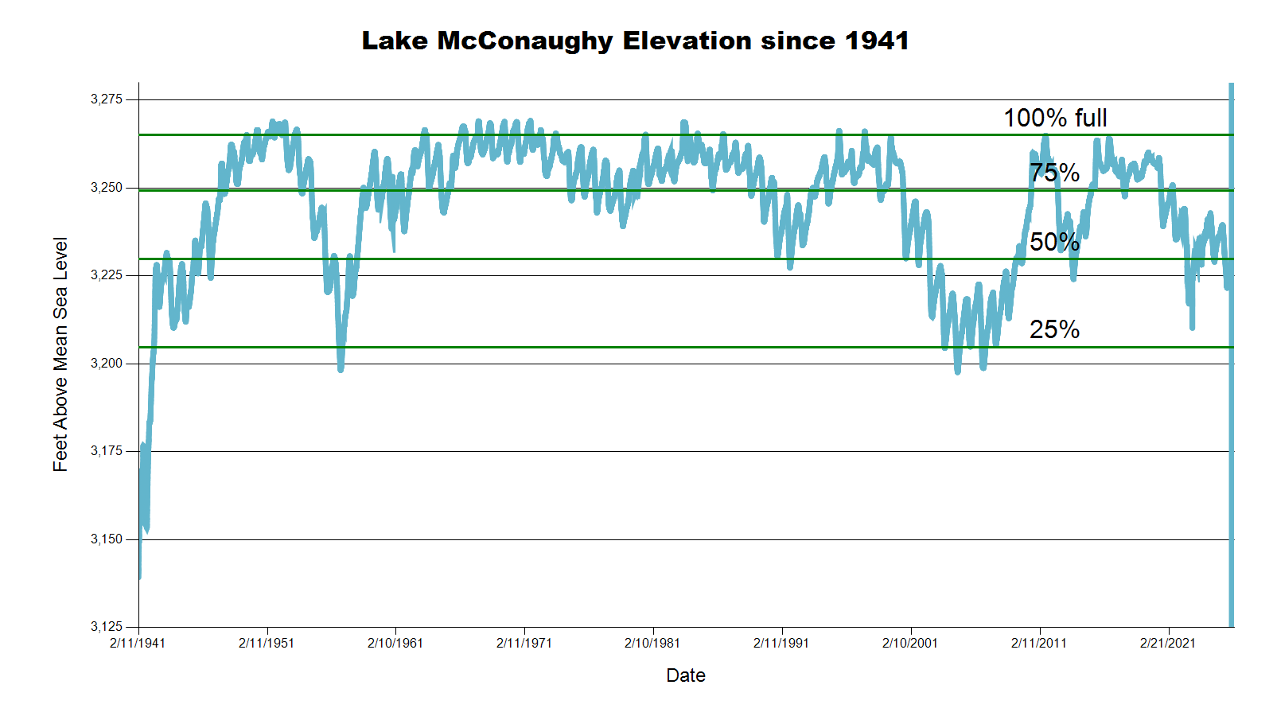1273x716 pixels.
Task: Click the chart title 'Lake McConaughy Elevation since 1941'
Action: point(635,41)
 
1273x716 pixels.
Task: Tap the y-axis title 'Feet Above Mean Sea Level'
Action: point(60,354)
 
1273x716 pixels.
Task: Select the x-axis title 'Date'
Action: point(686,675)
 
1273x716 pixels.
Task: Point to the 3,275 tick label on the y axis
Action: point(107,99)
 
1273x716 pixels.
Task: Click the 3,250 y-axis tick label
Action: point(107,188)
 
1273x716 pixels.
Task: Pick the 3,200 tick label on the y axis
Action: point(107,364)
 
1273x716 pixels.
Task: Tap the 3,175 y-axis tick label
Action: point(107,451)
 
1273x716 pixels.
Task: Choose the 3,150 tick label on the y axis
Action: point(107,539)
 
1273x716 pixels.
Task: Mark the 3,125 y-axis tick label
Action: point(107,627)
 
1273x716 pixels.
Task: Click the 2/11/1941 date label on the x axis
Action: point(138,643)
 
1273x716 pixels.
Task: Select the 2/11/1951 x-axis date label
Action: point(267,643)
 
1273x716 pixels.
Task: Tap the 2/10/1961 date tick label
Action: point(395,643)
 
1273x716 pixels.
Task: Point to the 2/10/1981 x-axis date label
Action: point(652,643)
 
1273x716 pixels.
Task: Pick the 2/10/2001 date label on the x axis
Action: point(910,643)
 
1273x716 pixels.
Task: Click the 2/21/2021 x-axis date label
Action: point(1168,643)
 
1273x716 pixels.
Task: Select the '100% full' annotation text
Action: point(1055,119)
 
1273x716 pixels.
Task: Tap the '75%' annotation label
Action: point(1054,173)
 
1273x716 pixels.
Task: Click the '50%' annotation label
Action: point(1054,242)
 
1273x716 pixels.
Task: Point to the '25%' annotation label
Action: point(1054,329)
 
